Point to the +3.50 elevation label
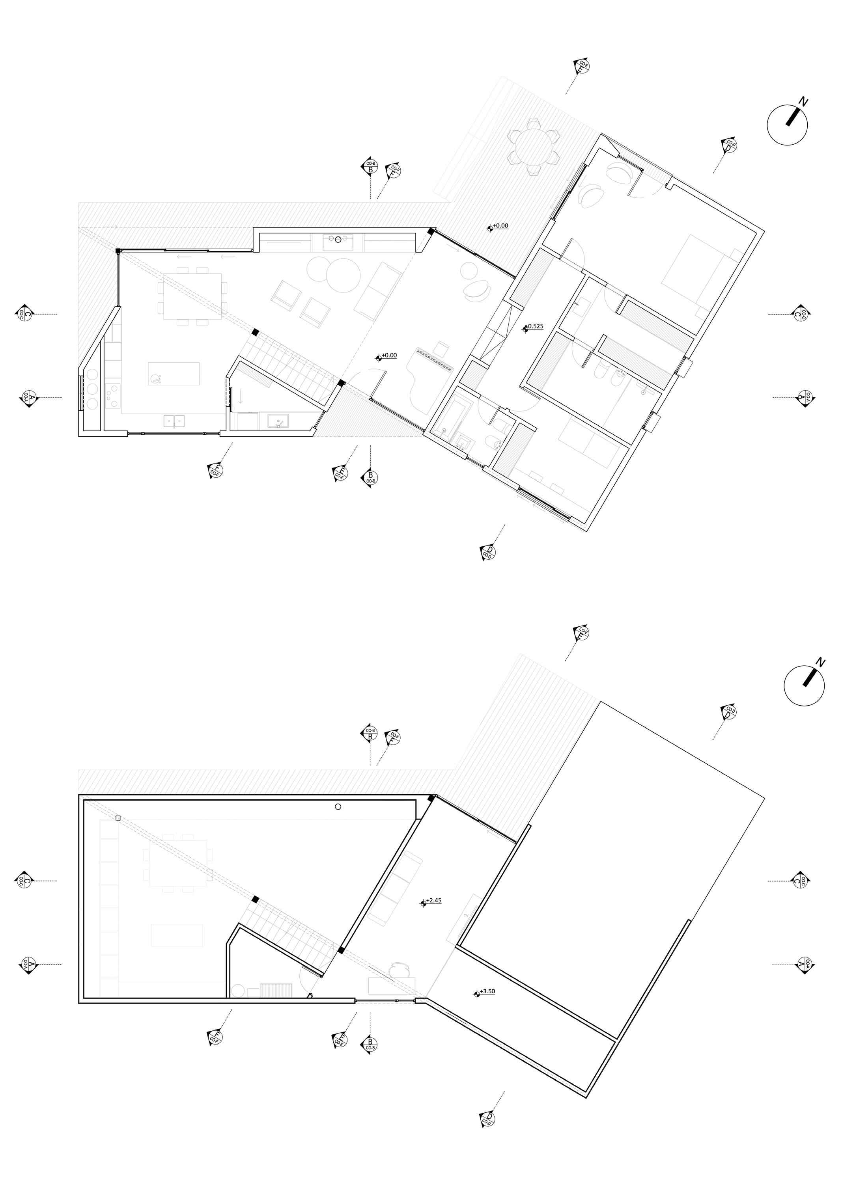click(487, 991)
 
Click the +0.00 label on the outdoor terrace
click(500, 226)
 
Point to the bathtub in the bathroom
click(450, 419)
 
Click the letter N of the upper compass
click(803, 102)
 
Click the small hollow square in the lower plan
click(118, 818)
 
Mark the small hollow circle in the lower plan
click(338, 807)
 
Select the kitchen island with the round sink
click(174, 374)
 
